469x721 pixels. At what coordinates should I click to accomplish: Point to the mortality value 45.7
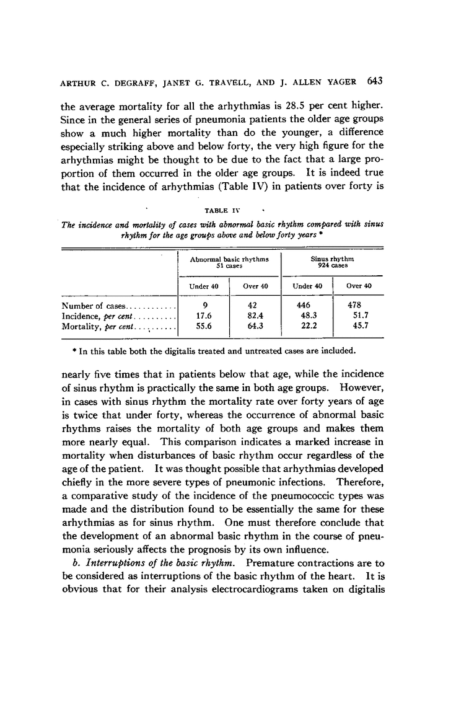click(x=358, y=325)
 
